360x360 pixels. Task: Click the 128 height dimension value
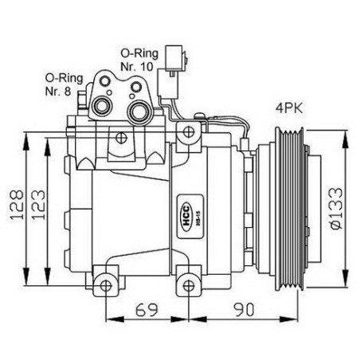coord(18,204)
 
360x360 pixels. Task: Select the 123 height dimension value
coord(39,204)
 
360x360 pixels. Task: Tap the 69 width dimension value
coord(147,309)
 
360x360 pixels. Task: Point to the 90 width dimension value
coord(244,309)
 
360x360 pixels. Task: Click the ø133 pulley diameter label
coord(335,208)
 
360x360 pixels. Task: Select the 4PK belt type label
coord(289,108)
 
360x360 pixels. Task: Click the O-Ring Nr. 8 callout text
coord(64,84)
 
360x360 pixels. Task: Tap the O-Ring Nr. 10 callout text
coord(139,60)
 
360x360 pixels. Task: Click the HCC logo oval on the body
coord(186,217)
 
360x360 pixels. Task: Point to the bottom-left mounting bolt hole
coord(106,286)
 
